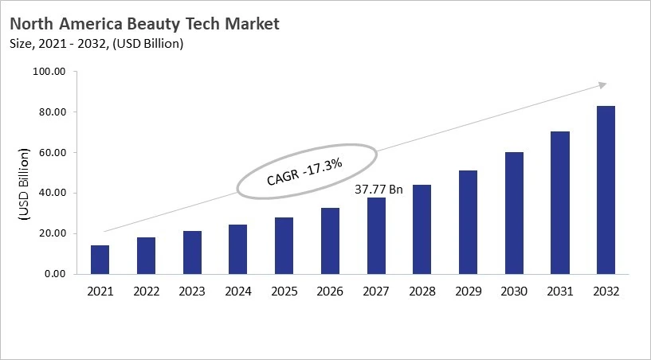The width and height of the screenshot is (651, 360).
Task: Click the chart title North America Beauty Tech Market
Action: click(144, 24)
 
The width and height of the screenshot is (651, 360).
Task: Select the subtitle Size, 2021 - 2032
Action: click(96, 44)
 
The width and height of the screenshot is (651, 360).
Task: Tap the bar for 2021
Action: click(100, 260)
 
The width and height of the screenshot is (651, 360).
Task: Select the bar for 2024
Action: click(237, 249)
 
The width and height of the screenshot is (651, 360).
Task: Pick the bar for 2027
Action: click(375, 236)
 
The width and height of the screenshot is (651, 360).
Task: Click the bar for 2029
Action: click(468, 222)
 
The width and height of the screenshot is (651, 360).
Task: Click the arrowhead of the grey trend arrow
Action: click(602, 84)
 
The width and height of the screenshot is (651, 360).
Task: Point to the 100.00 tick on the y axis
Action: click(49, 72)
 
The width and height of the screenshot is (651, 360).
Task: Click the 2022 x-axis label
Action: click(146, 292)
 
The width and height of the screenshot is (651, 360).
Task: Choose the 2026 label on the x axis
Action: click(330, 292)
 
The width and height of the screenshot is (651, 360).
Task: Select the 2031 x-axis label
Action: click(559, 292)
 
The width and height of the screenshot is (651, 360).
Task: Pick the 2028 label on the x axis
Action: click(422, 292)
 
